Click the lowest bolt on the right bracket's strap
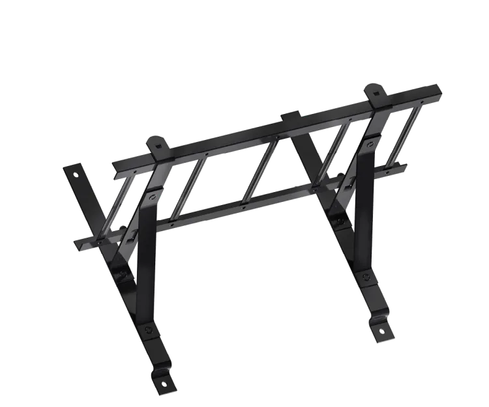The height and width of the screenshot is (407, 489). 366,279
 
